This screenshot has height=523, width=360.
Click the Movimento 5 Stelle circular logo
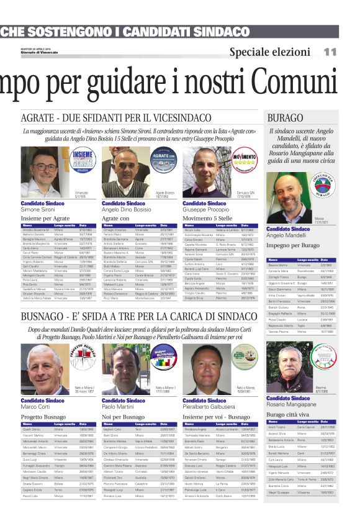click(x=243, y=160)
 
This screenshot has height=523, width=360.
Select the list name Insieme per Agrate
click(x=45, y=219)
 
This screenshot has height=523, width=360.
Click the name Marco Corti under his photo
click(x=35, y=407)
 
